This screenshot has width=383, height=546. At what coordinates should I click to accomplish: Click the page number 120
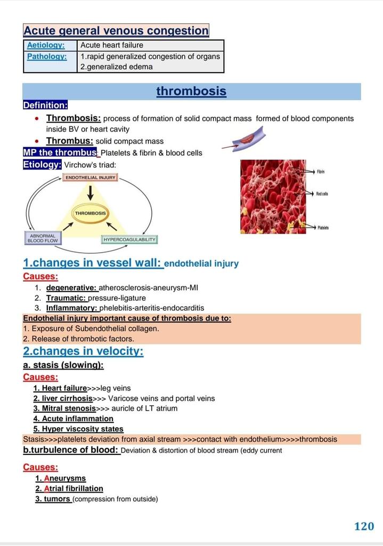pyautogui.click(x=364, y=526)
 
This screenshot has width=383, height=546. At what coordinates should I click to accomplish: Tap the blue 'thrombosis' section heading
pyautogui.click(x=191, y=91)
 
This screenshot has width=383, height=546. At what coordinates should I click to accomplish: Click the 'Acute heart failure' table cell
pyautogui.click(x=112, y=45)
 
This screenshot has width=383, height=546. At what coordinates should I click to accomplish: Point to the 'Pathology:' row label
pyautogui.click(x=47, y=56)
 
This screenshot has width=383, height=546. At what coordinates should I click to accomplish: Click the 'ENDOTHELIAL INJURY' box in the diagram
pyautogui.click(x=91, y=177)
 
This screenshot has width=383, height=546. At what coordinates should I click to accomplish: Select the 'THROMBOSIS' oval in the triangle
pyautogui.click(x=91, y=213)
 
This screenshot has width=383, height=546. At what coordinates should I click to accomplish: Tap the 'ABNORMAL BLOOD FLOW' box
pyautogui.click(x=42, y=238)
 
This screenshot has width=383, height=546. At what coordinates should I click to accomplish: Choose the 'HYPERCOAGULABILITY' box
pyautogui.click(x=129, y=239)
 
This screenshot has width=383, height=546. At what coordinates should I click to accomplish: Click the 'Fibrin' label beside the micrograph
pyautogui.click(x=321, y=172)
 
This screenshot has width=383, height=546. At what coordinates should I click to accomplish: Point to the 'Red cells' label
pyautogui.click(x=322, y=194)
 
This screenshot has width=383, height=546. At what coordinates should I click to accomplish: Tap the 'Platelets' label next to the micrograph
pyautogui.click(x=323, y=228)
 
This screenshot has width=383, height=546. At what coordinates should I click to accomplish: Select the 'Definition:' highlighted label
pyautogui.click(x=45, y=105)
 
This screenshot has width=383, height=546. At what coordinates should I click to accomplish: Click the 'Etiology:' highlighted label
pyautogui.click(x=43, y=165)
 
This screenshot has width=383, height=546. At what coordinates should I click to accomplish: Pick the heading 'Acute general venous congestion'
pyautogui.click(x=116, y=31)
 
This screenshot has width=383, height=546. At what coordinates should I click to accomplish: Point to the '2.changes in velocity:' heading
pyautogui.click(x=83, y=351)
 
